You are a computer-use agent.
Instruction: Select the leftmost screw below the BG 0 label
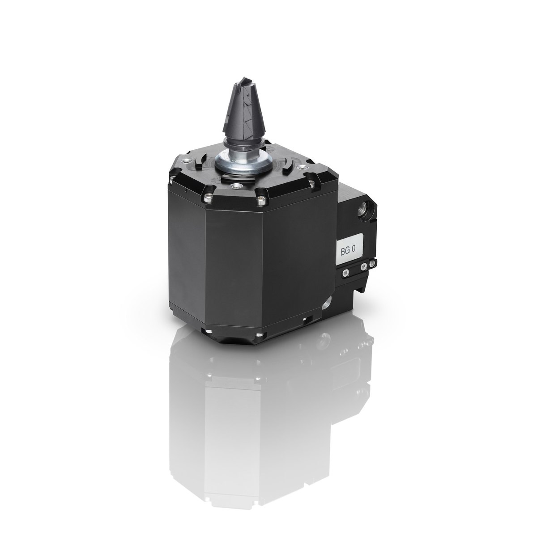pyautogui.click(x=346, y=272)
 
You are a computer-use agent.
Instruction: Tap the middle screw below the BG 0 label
pyautogui.click(x=364, y=266)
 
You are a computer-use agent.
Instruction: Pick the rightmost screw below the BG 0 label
pyautogui.click(x=372, y=263)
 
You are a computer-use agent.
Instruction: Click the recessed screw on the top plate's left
pyautogui.click(x=185, y=161)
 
